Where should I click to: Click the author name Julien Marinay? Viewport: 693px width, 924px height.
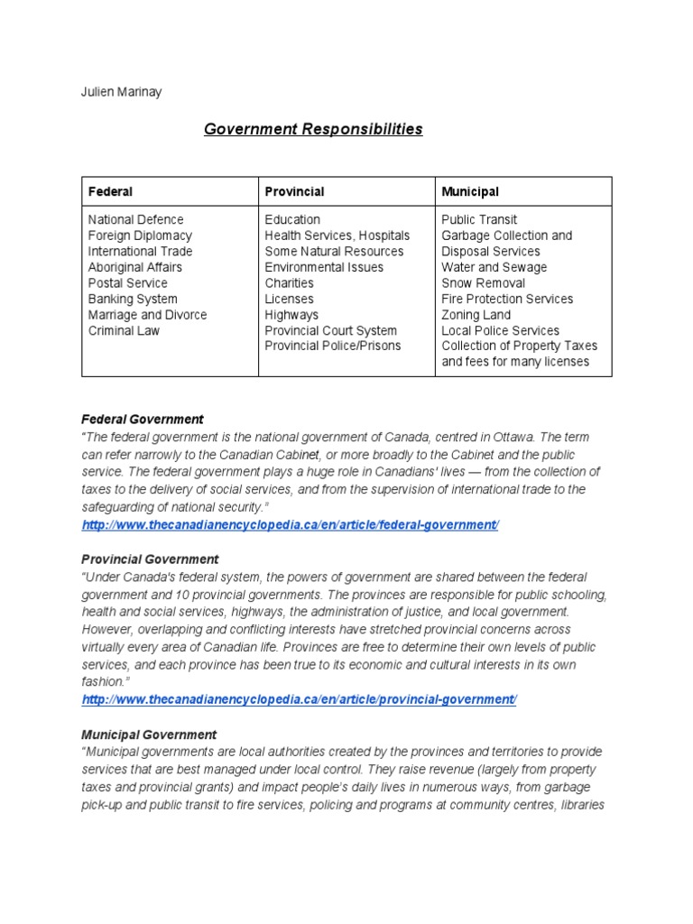122,92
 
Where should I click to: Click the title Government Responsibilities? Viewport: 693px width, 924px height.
312,129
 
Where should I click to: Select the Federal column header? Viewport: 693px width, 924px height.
110,191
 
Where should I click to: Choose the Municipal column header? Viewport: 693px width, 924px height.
469,191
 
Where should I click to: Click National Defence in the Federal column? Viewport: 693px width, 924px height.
135,219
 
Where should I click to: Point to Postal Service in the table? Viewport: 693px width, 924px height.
127,283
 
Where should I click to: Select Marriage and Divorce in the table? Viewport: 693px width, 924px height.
147,315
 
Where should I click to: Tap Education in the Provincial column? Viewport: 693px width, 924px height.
292,219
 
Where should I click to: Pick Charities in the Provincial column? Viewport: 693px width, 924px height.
289,283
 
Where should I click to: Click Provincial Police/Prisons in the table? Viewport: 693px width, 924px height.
332,346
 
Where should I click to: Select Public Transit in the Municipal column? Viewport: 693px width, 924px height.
479,219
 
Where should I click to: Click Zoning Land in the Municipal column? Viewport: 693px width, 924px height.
476,315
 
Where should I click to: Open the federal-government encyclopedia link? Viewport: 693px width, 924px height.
290,525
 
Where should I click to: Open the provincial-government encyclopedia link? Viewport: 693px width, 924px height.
299,700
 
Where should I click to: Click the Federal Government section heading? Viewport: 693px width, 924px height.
143,420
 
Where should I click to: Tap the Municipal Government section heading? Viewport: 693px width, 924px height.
149,735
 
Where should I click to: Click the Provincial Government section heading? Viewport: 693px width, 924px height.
150,559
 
